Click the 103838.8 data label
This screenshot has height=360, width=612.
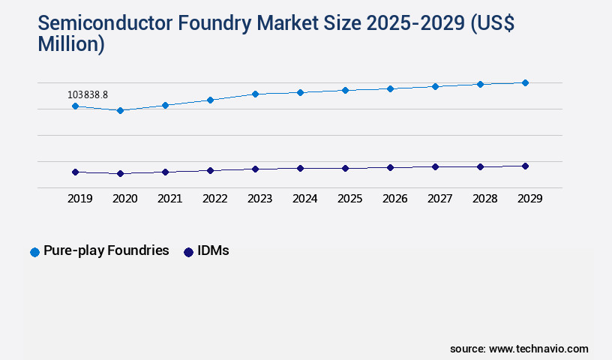pyautogui.click(x=88, y=94)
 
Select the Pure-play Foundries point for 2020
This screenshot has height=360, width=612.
pyautogui.click(x=120, y=110)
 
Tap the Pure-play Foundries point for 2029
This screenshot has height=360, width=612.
pyautogui.click(x=525, y=82)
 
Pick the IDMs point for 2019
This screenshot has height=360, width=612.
pyautogui.click(x=75, y=172)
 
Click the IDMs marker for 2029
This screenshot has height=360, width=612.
pyautogui.click(x=525, y=166)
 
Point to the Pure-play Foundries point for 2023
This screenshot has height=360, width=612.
pyautogui.click(x=255, y=94)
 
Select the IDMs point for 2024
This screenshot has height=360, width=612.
pyautogui.click(x=300, y=168)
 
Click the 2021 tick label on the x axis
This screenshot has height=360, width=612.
pyautogui.click(x=169, y=199)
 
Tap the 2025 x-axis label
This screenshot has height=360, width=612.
pyautogui.click(x=349, y=199)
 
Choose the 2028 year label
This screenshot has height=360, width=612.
pyautogui.click(x=484, y=199)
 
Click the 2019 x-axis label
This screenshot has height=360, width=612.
pyautogui.click(x=79, y=199)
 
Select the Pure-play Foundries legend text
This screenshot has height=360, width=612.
pyautogui.click(x=106, y=250)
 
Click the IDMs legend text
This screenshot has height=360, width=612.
pyautogui.click(x=213, y=250)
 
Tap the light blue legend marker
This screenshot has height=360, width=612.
pyautogui.click(x=34, y=252)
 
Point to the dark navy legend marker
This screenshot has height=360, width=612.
pyautogui.click(x=188, y=252)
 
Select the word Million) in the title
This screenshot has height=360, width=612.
pyautogui.click(x=71, y=44)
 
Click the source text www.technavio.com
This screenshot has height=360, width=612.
pyautogui.click(x=538, y=349)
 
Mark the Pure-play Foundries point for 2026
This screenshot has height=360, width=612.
pyautogui.click(x=390, y=88)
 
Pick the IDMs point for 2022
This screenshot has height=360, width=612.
pyautogui.click(x=210, y=170)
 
